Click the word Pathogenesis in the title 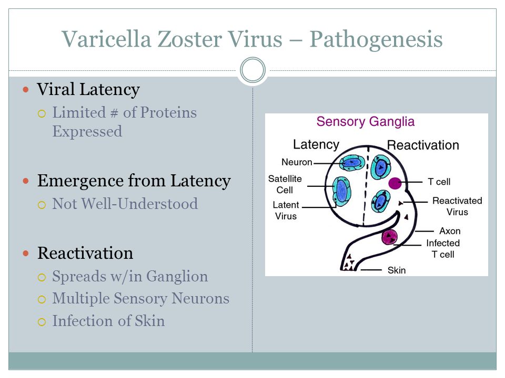pos(376,40)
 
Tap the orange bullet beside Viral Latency pos(26,89)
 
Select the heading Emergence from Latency pos(134,181)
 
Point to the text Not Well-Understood pos(125,204)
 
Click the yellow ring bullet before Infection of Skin pos(42,322)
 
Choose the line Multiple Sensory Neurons pos(141,298)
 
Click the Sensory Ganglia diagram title pos(365,121)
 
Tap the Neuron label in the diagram pos(297,162)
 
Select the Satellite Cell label pos(285,184)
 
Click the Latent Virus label pos(286,210)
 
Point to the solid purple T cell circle pos(395,183)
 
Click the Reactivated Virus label pos(457,206)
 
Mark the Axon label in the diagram pos(450,231)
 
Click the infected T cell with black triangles pos(389,237)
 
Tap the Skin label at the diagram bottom pos(397,270)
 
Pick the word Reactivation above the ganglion pos(423,145)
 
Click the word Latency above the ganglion pos(316,145)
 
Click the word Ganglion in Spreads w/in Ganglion pos(177,277)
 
